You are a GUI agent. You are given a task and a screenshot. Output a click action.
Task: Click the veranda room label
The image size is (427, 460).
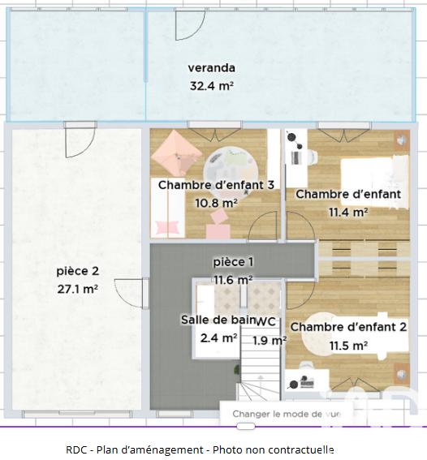coord(211,67)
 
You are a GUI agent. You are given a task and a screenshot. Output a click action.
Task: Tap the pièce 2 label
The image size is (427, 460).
coord(77,270)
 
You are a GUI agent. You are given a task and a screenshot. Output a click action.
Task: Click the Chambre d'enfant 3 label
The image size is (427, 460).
coord(216,185)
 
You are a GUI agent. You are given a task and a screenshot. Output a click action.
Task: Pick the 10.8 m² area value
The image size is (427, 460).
coord(216,202)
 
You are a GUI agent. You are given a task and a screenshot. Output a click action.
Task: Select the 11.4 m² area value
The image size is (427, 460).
coord(347,212)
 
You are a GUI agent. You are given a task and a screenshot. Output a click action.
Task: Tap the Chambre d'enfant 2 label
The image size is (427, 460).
coord(348,327)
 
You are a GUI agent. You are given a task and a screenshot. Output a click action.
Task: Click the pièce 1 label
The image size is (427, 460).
coord(233,261)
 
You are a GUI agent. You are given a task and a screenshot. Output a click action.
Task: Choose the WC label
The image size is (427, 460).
coord(268,321)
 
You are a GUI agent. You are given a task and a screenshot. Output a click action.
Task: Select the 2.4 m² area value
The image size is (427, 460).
coord(218,337)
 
